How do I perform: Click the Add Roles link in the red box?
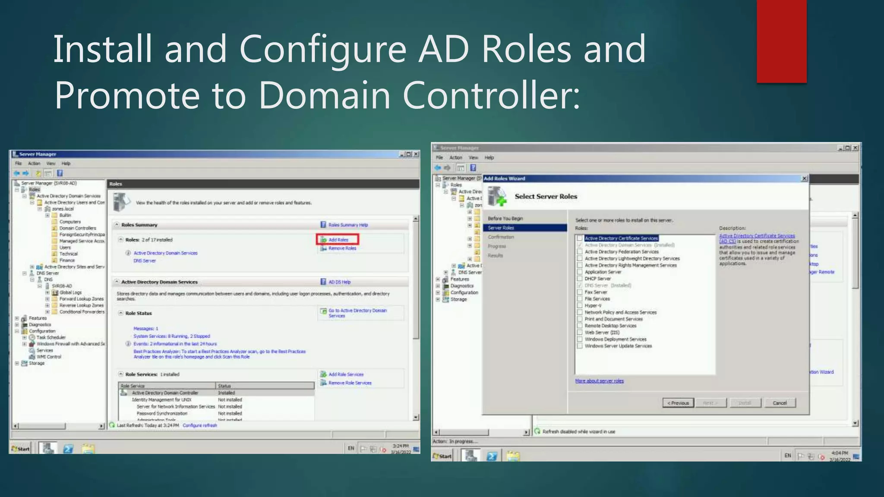tap(338, 240)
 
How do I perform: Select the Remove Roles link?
tap(342, 248)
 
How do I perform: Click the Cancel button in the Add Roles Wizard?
tap(780, 403)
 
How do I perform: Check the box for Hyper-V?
tap(580, 305)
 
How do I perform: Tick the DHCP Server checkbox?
tap(580, 279)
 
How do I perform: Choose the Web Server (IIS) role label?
tap(602, 333)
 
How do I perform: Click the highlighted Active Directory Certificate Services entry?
tap(621, 238)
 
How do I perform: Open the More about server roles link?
tap(599, 381)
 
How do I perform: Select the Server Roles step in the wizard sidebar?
tap(501, 228)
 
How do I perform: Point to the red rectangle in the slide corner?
tap(781, 41)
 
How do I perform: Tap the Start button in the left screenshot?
tap(21, 449)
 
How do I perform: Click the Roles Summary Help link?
tap(348, 225)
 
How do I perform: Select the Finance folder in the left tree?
tap(67, 260)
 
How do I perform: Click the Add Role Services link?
tap(346, 374)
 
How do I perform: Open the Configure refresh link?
tap(199, 425)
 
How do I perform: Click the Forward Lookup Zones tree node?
tap(81, 299)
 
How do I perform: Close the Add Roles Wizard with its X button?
tap(804, 179)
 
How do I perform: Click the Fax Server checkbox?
tap(580, 292)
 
